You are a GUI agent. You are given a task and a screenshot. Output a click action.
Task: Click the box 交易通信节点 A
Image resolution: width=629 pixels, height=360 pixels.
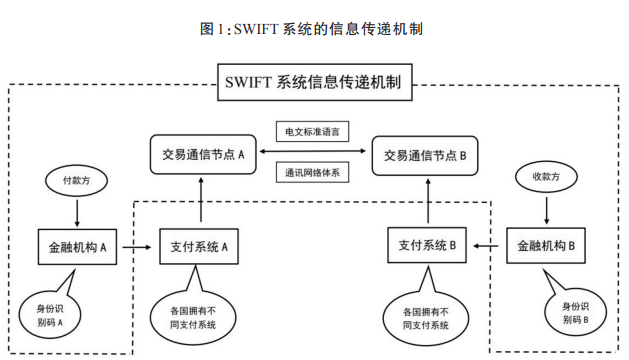202,155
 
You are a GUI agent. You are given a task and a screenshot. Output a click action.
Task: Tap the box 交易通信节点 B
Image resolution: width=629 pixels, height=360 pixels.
426,155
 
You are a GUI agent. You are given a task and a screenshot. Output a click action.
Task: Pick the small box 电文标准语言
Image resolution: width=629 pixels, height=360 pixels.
314,131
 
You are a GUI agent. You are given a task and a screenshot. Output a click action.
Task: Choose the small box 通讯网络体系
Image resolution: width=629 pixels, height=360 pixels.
314,172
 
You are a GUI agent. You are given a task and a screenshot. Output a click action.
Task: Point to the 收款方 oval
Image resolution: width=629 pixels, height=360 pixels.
544,177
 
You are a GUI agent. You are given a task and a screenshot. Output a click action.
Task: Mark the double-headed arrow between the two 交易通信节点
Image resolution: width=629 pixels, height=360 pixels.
314,153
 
